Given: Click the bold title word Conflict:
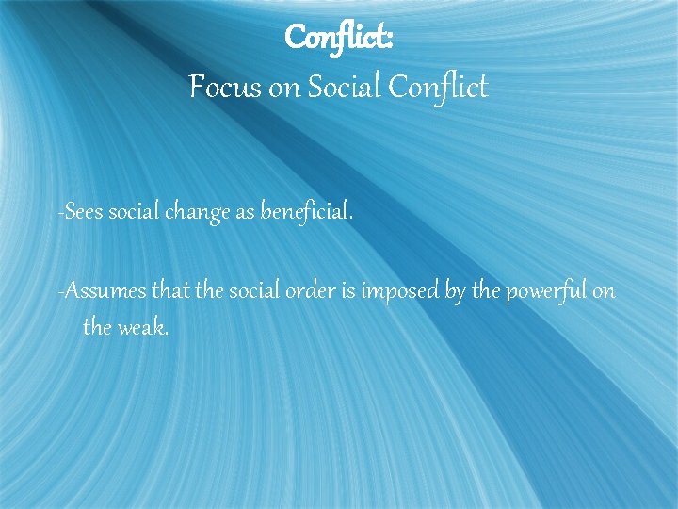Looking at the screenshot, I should (x=339, y=38).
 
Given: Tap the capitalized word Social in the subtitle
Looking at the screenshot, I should (x=338, y=88).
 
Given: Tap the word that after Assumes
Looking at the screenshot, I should (x=170, y=291).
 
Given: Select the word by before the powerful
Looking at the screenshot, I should (x=454, y=292).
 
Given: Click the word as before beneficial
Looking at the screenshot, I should (x=245, y=214).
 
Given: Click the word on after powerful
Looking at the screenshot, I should (x=604, y=292).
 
